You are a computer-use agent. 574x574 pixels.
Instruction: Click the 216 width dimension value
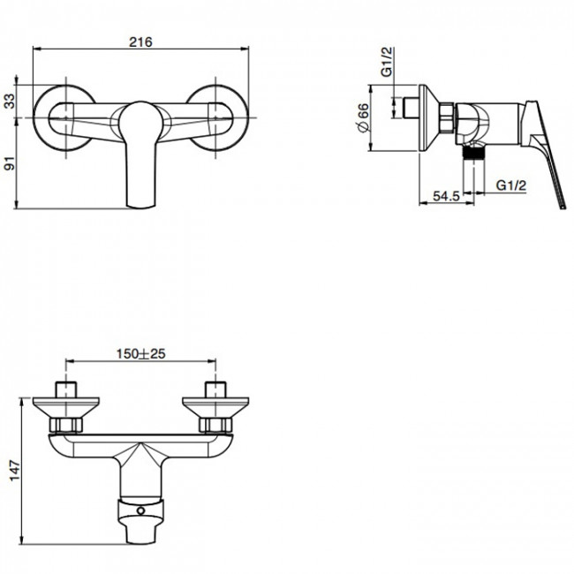click(140, 42)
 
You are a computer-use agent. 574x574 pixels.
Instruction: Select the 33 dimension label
click(10, 101)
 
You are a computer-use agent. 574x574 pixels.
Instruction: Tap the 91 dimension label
click(10, 162)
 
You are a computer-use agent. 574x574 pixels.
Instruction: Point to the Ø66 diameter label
click(363, 117)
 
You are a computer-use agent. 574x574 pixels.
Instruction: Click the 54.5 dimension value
click(446, 196)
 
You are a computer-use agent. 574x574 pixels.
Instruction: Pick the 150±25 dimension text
click(141, 353)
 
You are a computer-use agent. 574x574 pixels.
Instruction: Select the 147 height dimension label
click(14, 471)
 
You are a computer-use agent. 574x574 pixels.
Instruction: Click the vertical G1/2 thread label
click(387, 62)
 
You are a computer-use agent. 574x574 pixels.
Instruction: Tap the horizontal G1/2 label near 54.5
click(511, 185)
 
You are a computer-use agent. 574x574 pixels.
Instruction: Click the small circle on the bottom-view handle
click(141, 510)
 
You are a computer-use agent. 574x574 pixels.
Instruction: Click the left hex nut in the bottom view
click(66, 425)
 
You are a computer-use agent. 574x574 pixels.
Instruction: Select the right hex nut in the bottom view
click(215, 425)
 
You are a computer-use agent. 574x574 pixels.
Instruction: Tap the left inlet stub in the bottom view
click(66, 389)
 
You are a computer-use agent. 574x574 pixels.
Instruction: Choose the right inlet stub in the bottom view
click(215, 389)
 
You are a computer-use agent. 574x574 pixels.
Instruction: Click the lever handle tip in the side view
click(563, 208)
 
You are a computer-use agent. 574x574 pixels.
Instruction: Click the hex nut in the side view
click(447, 117)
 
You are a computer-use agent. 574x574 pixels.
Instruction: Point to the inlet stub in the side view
click(411, 108)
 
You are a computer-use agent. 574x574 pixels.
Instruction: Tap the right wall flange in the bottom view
click(215, 407)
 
